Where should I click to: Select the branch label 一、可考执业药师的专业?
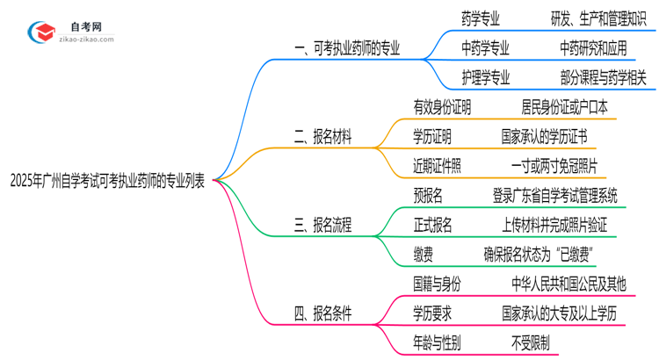coord(346,49)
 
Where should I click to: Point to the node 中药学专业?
coord(485,47)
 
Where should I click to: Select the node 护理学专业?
coord(485,77)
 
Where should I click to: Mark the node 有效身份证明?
coord(442,107)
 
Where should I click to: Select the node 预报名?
coord(432,195)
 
